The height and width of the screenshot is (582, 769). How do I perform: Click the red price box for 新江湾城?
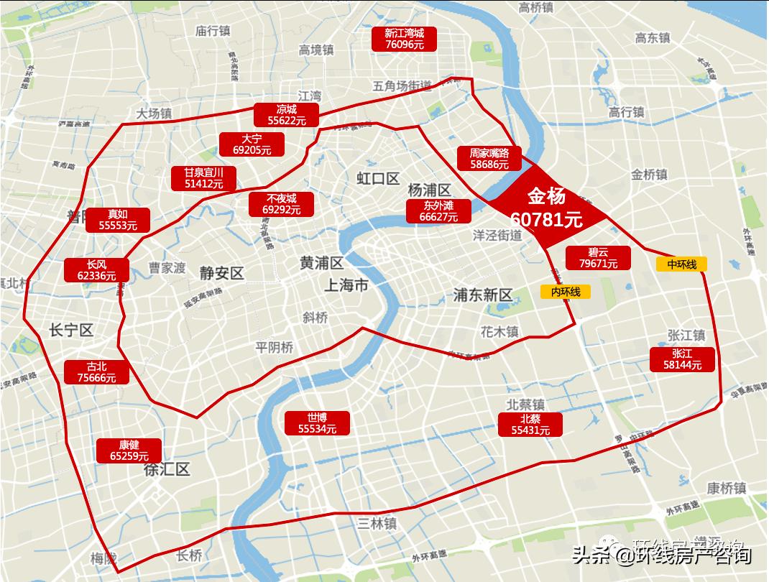(x=404, y=38)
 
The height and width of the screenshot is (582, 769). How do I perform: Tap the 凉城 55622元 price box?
(x=286, y=115)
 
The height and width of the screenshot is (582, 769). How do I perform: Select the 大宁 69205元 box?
(x=252, y=144)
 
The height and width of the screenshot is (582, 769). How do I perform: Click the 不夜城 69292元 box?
(x=281, y=204)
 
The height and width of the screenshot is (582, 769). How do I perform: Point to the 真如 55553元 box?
(x=118, y=220)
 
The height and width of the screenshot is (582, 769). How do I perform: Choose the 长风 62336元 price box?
(x=96, y=269)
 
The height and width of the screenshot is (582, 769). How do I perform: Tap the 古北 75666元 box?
(x=96, y=371)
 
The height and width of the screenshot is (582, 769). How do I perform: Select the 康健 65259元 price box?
(x=129, y=450)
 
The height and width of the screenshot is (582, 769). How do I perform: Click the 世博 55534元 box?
(x=317, y=423)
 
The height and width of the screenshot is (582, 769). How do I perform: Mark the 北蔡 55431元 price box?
(x=530, y=425)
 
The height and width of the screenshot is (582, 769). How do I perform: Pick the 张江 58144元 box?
(x=683, y=359)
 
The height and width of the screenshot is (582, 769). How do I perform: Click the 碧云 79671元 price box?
(x=598, y=258)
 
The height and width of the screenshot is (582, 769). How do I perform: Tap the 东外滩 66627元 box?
(x=438, y=211)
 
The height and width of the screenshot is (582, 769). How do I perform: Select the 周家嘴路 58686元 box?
(x=489, y=158)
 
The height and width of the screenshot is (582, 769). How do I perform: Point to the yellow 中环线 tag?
(x=681, y=264)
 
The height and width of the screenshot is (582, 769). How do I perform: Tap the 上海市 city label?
(x=346, y=285)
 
